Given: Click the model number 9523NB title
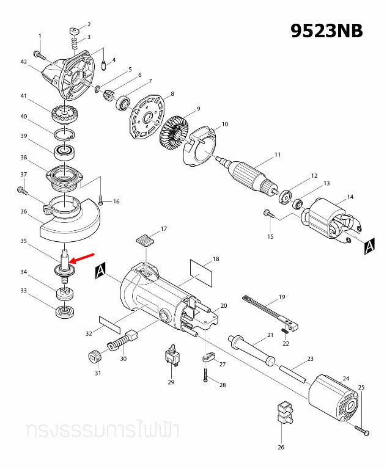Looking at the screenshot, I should coord(326,31).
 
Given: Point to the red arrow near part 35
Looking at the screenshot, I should coord(83,257).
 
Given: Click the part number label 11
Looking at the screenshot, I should coord(277,155).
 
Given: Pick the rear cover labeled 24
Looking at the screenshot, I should coord(333,399).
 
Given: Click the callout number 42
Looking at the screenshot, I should coord(24,62).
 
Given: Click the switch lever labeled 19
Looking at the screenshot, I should coord(269,308).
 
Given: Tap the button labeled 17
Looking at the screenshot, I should coord(145,238).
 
